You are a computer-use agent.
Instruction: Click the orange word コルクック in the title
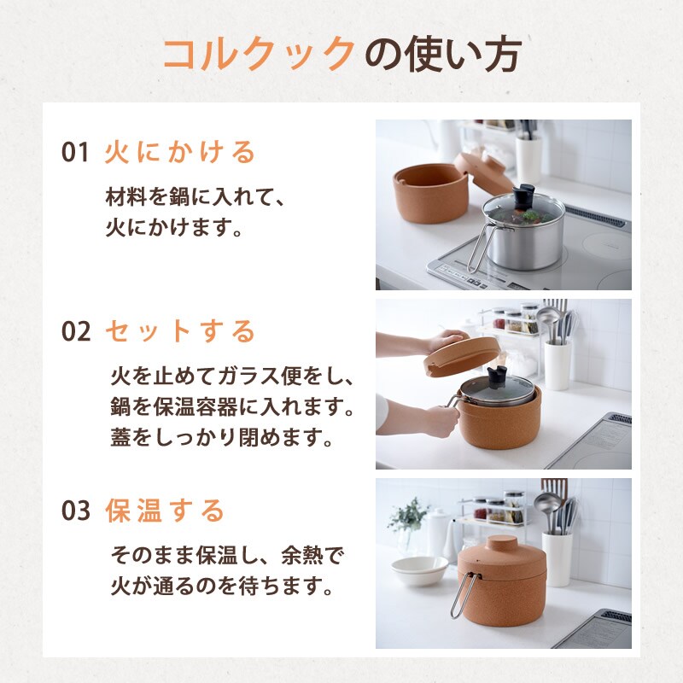tap(260, 54)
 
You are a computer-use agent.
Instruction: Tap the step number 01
tap(75, 152)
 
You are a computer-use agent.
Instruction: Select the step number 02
tap(76, 331)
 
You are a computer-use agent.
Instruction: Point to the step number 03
tap(76, 511)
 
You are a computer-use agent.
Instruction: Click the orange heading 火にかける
tap(180, 152)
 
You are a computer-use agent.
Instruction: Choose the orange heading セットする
tap(180, 331)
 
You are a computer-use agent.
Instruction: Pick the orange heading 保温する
tap(165, 511)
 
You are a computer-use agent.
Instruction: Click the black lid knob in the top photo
tap(523, 197)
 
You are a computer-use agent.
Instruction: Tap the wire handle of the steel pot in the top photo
tap(480, 248)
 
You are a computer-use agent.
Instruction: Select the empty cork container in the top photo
tap(430, 193)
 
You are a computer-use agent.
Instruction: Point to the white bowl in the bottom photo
tap(419, 570)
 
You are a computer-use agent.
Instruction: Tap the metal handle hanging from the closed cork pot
tap(464, 594)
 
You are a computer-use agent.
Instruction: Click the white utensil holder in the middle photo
tap(557, 365)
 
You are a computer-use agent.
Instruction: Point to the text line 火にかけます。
tap(174, 227)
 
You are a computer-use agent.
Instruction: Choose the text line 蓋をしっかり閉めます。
tap(222, 437)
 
